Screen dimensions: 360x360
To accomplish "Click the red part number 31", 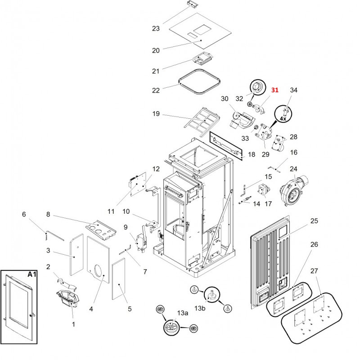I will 274,90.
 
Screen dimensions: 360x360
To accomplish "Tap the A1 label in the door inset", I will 32,274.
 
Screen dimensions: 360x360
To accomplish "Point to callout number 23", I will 156,29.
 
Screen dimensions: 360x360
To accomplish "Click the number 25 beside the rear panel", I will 314,221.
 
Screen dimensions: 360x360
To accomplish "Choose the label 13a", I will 182,313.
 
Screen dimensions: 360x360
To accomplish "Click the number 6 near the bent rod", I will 24,215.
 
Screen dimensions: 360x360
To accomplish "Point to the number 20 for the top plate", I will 156,50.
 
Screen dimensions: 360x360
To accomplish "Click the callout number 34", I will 293,90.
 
